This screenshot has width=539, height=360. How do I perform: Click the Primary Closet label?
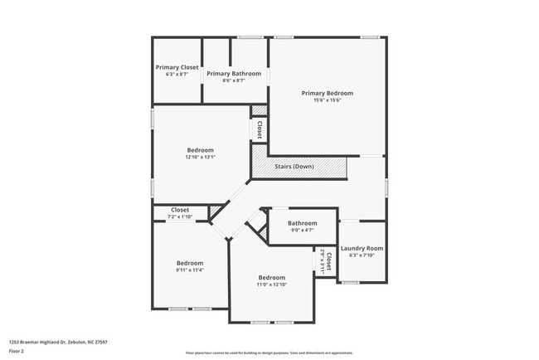177,67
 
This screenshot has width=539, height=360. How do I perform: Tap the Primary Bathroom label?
234,73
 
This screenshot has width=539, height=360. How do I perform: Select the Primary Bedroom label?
327,93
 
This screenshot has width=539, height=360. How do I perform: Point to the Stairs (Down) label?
294,167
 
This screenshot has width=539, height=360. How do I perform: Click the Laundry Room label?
362,248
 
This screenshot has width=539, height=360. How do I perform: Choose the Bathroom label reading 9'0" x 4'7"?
302,223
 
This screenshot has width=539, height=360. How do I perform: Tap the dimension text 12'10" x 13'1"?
200,157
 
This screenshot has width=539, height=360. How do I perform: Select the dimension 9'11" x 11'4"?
189,270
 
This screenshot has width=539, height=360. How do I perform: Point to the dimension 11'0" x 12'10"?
271,285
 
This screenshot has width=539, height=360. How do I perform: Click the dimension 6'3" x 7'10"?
362,255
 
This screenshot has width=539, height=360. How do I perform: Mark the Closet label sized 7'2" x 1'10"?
180,211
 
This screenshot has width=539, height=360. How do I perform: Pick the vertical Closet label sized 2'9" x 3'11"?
328,261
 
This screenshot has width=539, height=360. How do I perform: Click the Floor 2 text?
17,351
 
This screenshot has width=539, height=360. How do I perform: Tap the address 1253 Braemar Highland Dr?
58,342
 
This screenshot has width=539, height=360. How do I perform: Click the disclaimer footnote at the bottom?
269,353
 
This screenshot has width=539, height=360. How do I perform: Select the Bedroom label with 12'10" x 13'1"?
200,149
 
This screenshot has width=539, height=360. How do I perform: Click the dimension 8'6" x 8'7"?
234,80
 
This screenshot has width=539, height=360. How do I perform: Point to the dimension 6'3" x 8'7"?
177,75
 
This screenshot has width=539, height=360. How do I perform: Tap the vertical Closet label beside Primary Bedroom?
260,129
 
